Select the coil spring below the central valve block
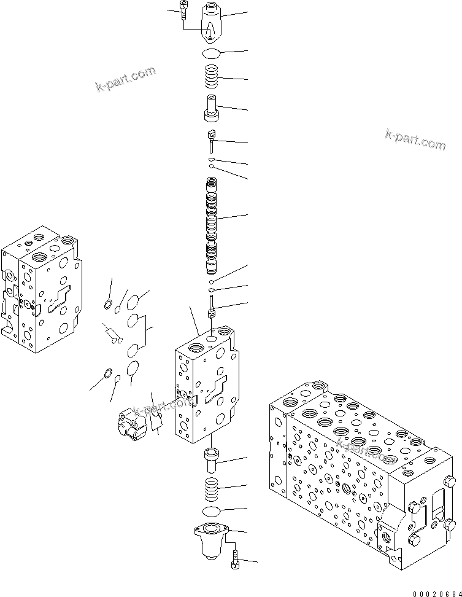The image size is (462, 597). pos(212,490)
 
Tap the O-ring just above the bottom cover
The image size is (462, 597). pos(212,512)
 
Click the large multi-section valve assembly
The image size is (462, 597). pos(362,467)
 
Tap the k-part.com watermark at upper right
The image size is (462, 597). pos(415,139)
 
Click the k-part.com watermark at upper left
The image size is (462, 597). pos(126,80)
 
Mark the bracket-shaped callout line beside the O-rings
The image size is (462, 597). pos(147,332)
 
